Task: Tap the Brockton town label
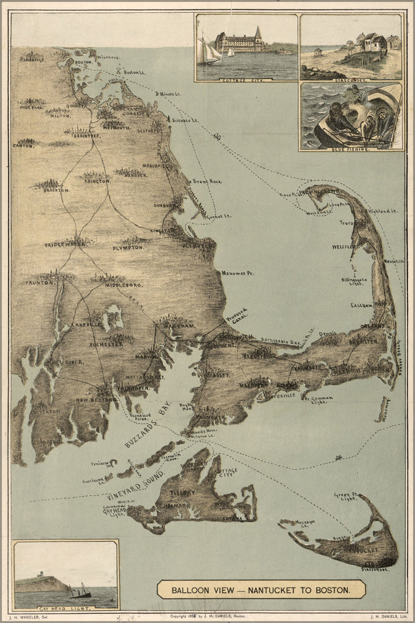[x=56, y=189]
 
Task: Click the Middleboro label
[x=124, y=285]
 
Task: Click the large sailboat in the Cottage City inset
[x=209, y=51]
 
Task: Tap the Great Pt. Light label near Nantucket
[x=346, y=497]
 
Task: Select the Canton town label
[x=22, y=145]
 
